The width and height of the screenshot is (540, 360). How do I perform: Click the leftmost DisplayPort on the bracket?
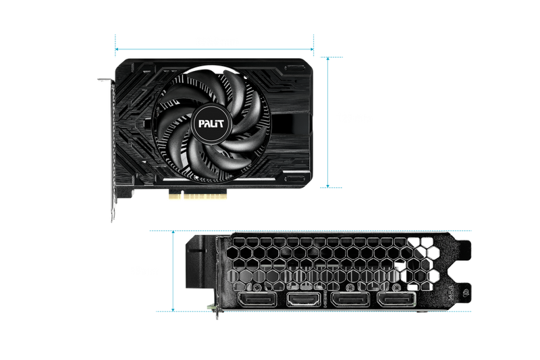[256, 300]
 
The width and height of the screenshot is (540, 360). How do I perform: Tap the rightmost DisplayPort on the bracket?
[397, 300]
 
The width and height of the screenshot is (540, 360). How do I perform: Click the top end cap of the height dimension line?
[329, 57]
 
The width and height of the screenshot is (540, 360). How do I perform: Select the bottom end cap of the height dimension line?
[329, 186]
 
